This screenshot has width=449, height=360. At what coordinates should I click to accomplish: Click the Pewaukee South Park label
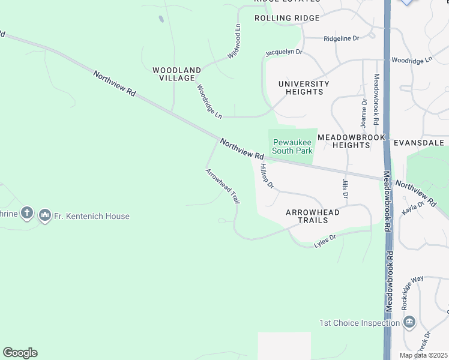coord(292,146)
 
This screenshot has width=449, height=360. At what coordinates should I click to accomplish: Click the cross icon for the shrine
coord(26,212)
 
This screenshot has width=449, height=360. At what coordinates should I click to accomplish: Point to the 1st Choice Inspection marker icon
coord(410,323)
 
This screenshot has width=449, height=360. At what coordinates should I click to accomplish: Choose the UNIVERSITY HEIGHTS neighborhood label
coord(304,88)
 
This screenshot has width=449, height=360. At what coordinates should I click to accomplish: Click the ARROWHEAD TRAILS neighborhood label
coord(312,216)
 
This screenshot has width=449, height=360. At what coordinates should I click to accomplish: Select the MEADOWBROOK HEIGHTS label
coord(351,141)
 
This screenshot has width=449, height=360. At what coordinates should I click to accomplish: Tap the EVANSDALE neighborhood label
coord(419,143)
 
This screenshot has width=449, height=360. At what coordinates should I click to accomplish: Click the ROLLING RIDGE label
coord(287,18)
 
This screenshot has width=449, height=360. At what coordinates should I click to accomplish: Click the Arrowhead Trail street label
coord(223,186)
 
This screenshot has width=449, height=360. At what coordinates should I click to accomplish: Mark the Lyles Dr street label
coord(325,242)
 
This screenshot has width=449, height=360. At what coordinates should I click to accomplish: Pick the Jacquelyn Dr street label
coord(283,53)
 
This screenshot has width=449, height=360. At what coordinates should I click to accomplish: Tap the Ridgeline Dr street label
coord(341,38)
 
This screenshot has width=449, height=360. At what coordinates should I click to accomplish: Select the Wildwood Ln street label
coord(234,41)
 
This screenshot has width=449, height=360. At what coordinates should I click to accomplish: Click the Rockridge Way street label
coord(412,292)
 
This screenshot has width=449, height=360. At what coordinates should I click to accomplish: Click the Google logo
coord(20,353)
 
